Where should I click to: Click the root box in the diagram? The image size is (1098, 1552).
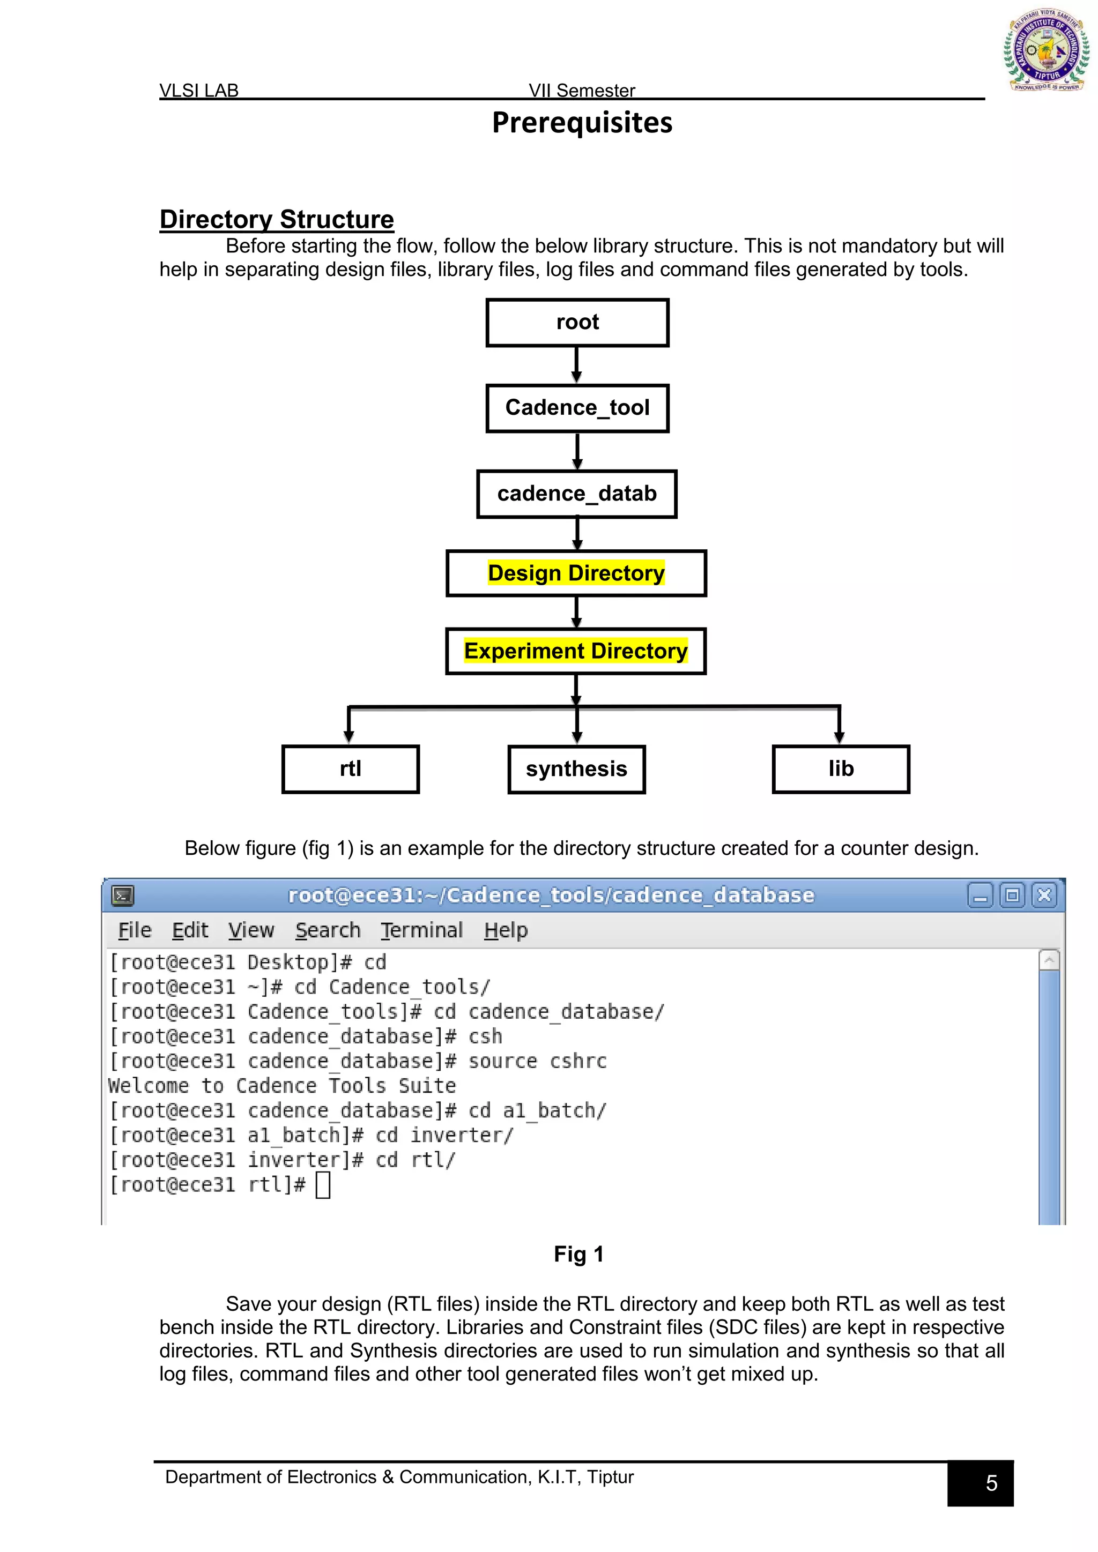(x=577, y=323)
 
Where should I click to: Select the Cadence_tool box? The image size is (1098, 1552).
(x=577, y=408)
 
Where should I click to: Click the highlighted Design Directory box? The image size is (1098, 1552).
(x=576, y=573)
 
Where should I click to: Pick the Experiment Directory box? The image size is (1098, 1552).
(x=575, y=651)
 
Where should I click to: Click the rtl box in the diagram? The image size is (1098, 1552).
(x=350, y=769)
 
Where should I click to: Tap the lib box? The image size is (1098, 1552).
(x=841, y=769)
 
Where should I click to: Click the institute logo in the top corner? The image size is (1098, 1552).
(x=1045, y=51)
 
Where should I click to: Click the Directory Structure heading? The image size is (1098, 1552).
(x=277, y=220)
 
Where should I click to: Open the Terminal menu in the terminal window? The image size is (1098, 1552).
(x=421, y=931)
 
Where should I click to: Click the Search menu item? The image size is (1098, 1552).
(x=328, y=931)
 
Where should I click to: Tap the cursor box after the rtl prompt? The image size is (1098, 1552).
(x=323, y=1185)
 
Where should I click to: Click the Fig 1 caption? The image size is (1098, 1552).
(x=578, y=1255)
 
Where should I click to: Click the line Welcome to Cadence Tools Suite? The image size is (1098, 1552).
(x=282, y=1086)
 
